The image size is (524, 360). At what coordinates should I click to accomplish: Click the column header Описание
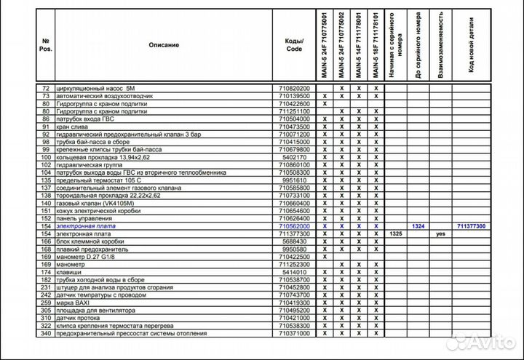coord(164,45)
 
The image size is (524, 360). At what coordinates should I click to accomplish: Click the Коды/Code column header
coord(294,45)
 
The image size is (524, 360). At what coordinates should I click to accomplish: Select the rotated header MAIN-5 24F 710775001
coord(324,45)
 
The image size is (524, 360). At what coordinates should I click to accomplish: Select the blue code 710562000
coord(294,227)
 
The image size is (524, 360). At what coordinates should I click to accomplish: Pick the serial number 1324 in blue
coord(418,227)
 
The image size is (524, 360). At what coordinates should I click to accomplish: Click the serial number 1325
coord(396,234)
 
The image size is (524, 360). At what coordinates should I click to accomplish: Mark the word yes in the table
coord(440,234)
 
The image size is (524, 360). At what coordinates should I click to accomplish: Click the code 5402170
coord(294,157)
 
